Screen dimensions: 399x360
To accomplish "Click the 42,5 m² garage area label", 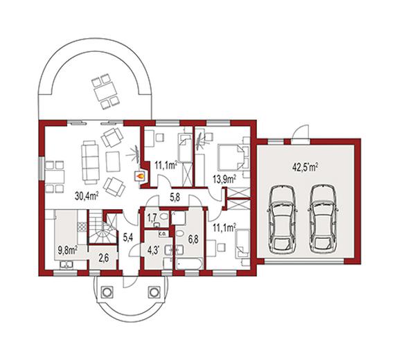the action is point(305,168).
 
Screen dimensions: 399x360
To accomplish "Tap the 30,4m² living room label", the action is point(87,195).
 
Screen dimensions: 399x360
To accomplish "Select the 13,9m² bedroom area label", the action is point(224,179).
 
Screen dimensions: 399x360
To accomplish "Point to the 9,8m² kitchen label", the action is point(68,251).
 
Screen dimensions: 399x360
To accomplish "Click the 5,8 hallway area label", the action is point(175,197).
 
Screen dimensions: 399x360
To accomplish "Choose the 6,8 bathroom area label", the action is point(193,239).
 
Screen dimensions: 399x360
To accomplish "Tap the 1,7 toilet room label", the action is point(152,218).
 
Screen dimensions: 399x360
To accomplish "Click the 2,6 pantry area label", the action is point(104,258).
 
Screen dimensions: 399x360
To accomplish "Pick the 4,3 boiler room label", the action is point(154,249).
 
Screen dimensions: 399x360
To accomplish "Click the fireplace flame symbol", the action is point(140,175).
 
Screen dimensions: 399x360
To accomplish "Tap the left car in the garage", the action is point(282,218).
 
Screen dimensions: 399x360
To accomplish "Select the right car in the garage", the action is point(323,218).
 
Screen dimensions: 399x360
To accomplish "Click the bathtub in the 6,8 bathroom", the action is point(189,264).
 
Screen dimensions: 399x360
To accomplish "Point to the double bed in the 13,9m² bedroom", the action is point(230,157).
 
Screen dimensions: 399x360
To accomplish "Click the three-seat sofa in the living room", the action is point(90,163).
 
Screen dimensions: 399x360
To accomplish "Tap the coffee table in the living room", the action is point(113,161).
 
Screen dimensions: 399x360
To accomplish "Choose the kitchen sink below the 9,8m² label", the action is point(66,264).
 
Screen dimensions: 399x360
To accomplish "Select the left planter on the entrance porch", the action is point(107,291).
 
